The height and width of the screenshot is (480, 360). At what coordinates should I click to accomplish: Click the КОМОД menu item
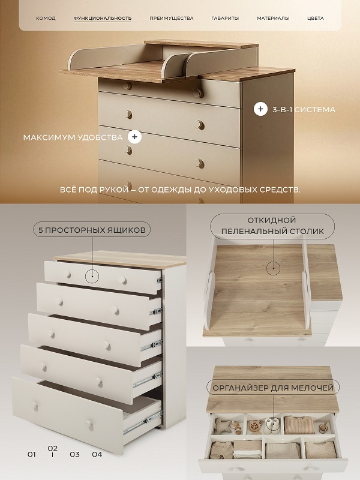tap(46, 19)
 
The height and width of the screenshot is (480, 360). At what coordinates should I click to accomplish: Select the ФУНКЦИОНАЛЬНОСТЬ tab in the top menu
tap(103, 19)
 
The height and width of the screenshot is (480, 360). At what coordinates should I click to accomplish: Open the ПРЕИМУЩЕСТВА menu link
tap(172, 19)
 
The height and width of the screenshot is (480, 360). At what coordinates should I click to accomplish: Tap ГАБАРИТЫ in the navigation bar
tap(225, 19)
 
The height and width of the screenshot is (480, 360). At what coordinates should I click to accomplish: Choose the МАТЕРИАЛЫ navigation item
tap(273, 19)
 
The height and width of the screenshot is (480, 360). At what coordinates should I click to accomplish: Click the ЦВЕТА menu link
tap(316, 19)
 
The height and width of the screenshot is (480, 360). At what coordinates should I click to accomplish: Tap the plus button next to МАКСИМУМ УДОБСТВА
tap(134, 137)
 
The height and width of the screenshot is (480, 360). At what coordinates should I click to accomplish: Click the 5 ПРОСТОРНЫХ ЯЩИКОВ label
tap(92, 230)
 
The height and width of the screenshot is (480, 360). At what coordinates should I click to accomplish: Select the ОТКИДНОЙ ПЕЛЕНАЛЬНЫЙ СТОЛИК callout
tap(272, 226)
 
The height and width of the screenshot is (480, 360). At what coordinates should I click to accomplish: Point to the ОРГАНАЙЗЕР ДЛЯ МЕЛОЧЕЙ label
tap(273, 388)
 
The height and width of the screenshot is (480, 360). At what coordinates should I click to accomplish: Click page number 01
tap(32, 454)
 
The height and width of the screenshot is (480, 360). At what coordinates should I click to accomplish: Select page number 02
tap(53, 448)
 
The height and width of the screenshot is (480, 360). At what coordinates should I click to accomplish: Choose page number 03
tap(74, 454)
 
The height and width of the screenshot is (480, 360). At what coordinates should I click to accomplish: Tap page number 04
tap(97, 454)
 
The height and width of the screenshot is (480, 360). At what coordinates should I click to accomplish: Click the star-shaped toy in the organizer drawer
tap(223, 425)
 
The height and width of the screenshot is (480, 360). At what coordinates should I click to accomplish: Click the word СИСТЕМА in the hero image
tap(315, 110)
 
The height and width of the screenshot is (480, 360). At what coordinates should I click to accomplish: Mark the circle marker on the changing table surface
tap(273, 268)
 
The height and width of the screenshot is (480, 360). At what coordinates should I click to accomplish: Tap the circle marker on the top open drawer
tap(92, 277)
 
